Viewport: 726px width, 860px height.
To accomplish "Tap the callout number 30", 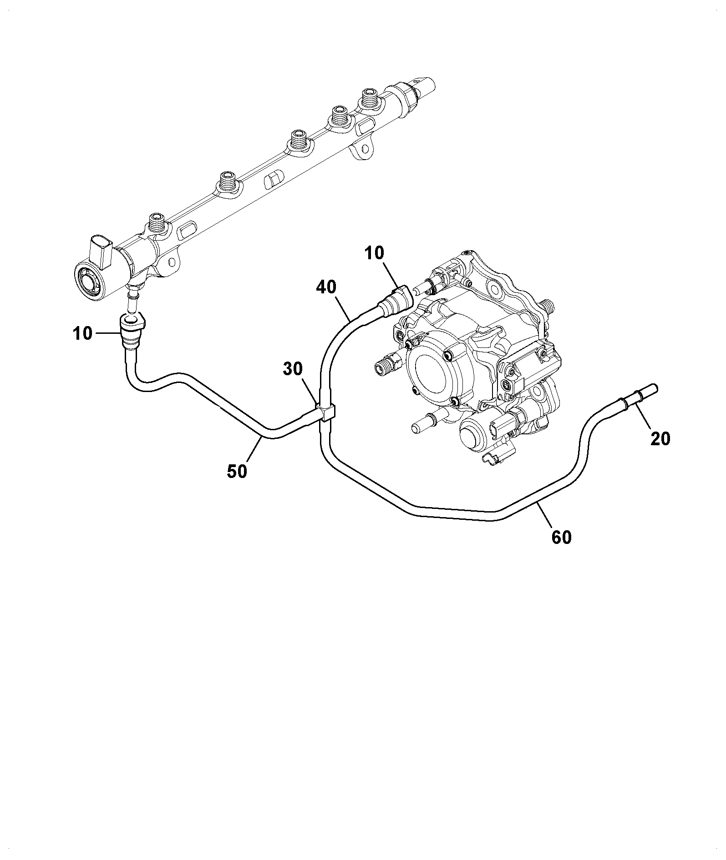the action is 293,369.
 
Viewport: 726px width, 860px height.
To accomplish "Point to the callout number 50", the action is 237,471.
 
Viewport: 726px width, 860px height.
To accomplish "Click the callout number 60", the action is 561,537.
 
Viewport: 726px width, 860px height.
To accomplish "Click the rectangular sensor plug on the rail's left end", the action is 101,251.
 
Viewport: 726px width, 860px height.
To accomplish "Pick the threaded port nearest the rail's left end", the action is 157,223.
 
